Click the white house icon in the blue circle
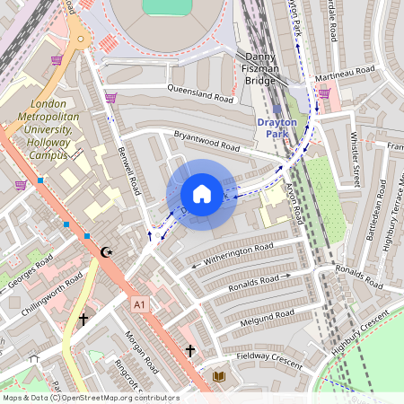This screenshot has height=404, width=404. (x=202, y=194)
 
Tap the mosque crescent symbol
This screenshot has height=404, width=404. (x=108, y=252)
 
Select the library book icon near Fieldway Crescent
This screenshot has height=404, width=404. (x=218, y=375)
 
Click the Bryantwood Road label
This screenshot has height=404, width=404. (x=206, y=141)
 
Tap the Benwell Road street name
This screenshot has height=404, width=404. (x=132, y=174)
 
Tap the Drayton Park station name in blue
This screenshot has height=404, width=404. (x=283, y=127)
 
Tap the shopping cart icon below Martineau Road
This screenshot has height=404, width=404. (x=323, y=92)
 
